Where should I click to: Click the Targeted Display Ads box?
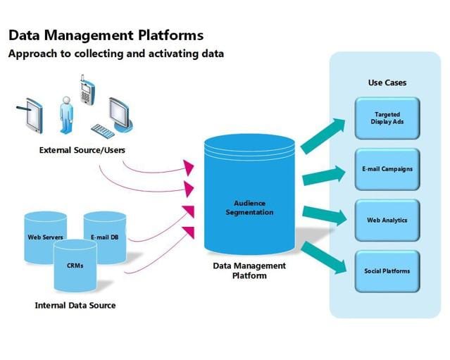pos(387,118)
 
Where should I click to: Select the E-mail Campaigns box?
pos(387,169)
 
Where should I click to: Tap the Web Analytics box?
pos(387,220)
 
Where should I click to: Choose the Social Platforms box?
pos(387,271)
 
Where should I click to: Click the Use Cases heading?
pos(387,82)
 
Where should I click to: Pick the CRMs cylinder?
pos(75,266)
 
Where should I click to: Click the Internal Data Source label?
pos(75,305)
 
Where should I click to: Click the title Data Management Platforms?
pos(106,35)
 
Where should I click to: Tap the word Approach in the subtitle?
pos(33,54)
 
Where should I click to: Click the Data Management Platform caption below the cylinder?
pos(249,271)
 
